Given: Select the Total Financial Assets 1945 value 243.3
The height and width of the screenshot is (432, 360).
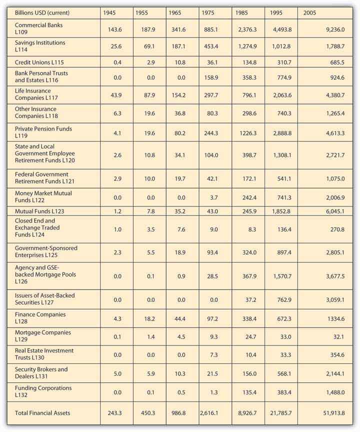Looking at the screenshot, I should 115,412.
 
